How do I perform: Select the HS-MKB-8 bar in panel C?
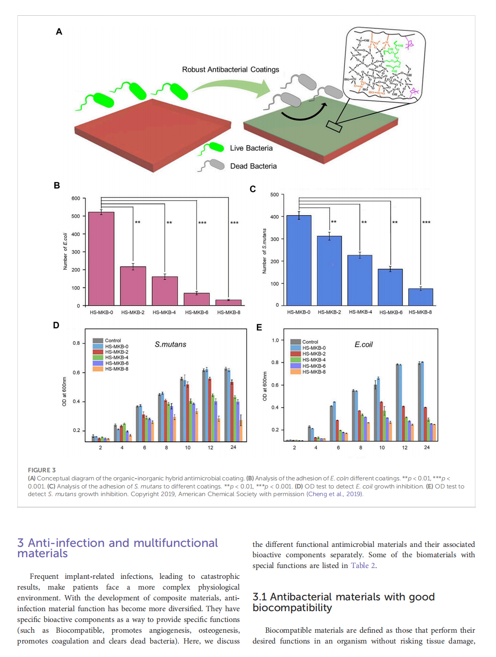(x=421, y=297)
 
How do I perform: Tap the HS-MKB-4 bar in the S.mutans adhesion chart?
(x=360, y=280)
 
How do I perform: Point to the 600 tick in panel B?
(x=75, y=198)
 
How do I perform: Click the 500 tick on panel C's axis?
(x=275, y=195)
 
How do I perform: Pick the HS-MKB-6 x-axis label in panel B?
(x=197, y=312)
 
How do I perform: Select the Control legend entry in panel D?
(x=112, y=341)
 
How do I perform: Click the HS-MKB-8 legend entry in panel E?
(x=314, y=372)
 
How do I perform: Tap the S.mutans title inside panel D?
(x=170, y=345)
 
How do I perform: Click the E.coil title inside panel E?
(x=363, y=345)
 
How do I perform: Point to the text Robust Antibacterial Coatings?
(x=230, y=70)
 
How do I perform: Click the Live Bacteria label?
(x=251, y=148)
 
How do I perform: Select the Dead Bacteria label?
(x=253, y=166)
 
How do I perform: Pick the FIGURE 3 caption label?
(x=42, y=470)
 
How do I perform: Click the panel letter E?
(x=259, y=328)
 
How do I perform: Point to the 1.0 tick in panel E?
(x=275, y=340)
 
